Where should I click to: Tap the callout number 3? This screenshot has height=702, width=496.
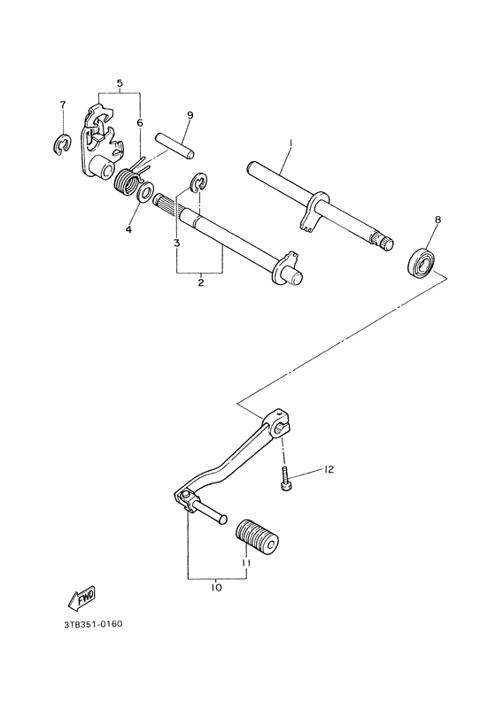pos(176,242)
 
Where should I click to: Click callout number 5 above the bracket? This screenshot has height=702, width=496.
pos(119,84)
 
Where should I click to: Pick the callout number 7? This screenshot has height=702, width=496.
pos(62,105)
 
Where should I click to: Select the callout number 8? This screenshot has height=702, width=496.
pos(436,219)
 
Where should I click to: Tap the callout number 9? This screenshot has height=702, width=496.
pos(190,115)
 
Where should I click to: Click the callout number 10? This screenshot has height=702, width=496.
pos(216,586)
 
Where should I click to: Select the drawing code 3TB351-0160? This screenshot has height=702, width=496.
pos(93,624)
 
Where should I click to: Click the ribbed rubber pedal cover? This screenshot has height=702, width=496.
pos(256,534)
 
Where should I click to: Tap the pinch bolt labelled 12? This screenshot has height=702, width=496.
pos(286,479)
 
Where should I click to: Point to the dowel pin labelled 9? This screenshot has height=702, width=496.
pos(174,143)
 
